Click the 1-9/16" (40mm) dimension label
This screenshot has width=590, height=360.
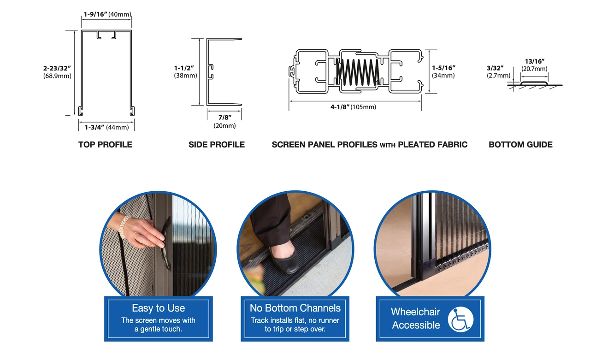[x=107, y=14]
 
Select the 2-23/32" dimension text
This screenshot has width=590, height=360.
[x=57, y=68]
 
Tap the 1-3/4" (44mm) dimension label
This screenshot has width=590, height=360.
[x=106, y=127]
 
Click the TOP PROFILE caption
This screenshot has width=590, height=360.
[x=105, y=145]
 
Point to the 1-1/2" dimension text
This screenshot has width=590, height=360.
[x=185, y=68]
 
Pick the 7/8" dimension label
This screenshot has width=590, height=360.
[x=224, y=118]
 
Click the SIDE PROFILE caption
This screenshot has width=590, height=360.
[x=217, y=145]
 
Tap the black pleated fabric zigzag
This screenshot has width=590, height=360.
[x=358, y=71]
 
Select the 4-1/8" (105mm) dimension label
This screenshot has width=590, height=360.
[x=353, y=107]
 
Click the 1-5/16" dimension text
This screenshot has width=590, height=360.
[x=443, y=68]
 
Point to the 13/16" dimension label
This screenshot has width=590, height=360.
[x=535, y=61]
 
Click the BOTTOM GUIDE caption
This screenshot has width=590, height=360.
[x=520, y=145]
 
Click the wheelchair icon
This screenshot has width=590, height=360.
[x=460, y=319]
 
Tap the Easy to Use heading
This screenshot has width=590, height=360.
[x=158, y=308]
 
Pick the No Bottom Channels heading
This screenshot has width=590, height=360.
[x=295, y=308]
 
